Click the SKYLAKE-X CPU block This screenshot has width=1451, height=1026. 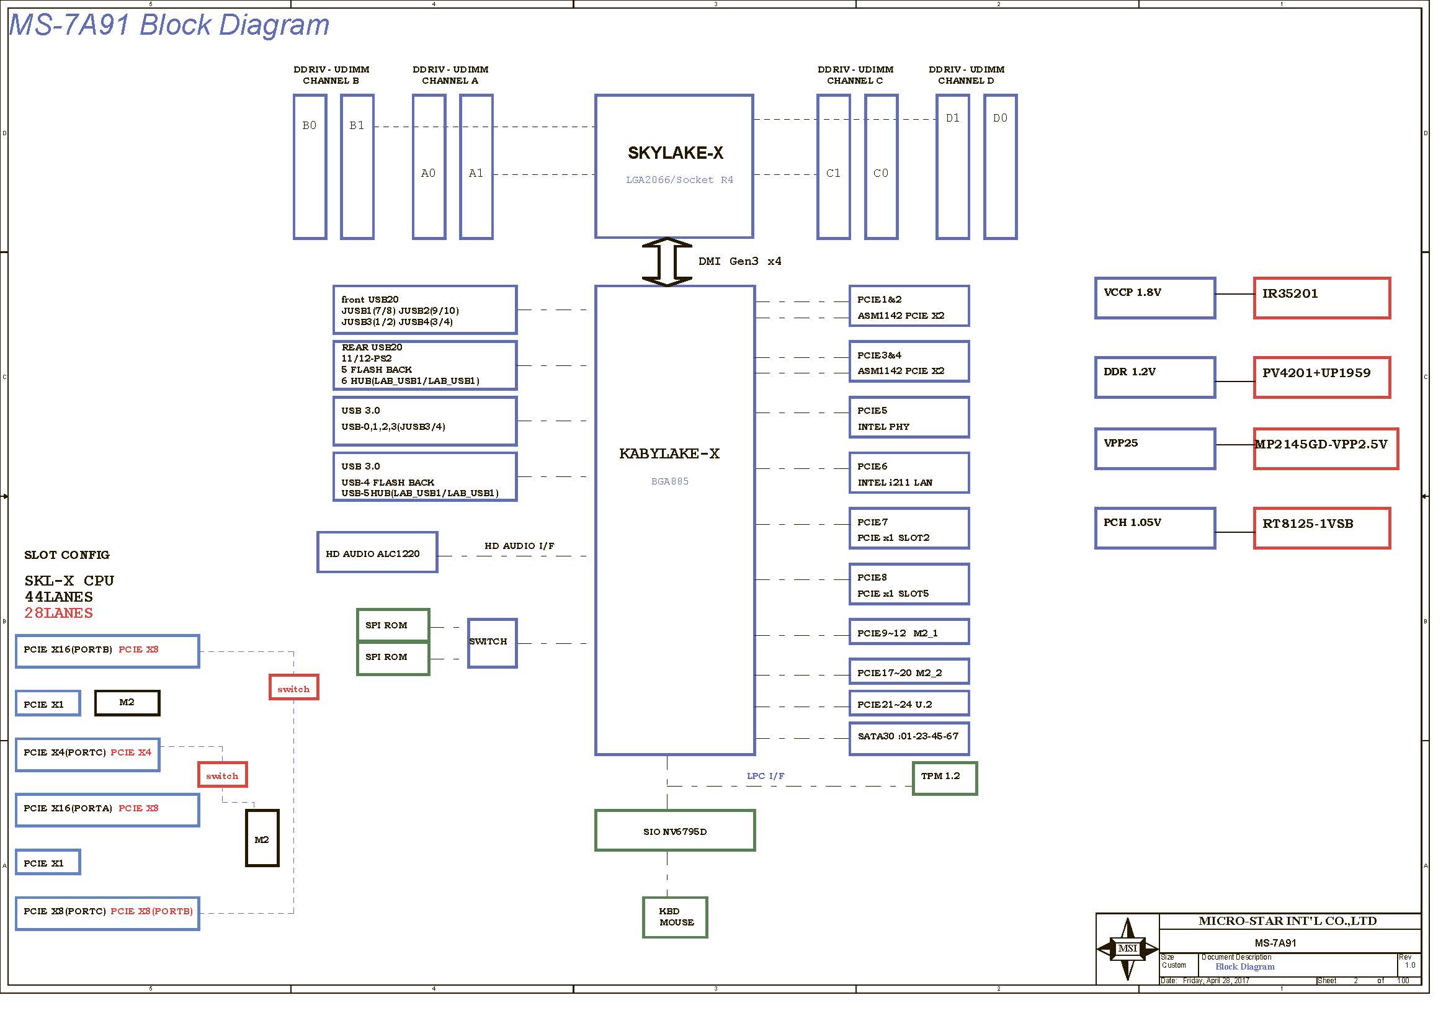(674, 166)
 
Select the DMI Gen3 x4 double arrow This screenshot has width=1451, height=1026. (667, 262)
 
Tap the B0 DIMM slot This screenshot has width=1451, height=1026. (310, 167)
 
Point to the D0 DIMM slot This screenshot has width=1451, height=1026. (1000, 167)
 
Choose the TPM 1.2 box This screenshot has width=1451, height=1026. (944, 778)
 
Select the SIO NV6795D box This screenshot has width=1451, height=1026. (674, 831)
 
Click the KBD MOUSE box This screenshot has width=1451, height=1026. (674, 917)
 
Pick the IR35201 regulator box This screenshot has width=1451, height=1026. (1321, 298)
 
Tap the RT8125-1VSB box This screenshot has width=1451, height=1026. (1321, 528)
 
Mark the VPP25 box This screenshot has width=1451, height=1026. (1154, 448)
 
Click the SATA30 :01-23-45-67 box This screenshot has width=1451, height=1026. (908, 739)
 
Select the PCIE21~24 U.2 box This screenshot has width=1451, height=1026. (908, 704)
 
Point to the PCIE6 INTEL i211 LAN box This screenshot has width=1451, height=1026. (908, 473)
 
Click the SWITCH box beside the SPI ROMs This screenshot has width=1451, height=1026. (492, 643)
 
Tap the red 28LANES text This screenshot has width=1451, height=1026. (59, 613)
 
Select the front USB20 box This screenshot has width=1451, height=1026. (425, 310)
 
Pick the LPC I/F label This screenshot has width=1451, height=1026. (766, 776)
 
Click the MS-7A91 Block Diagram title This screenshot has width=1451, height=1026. (169, 25)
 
